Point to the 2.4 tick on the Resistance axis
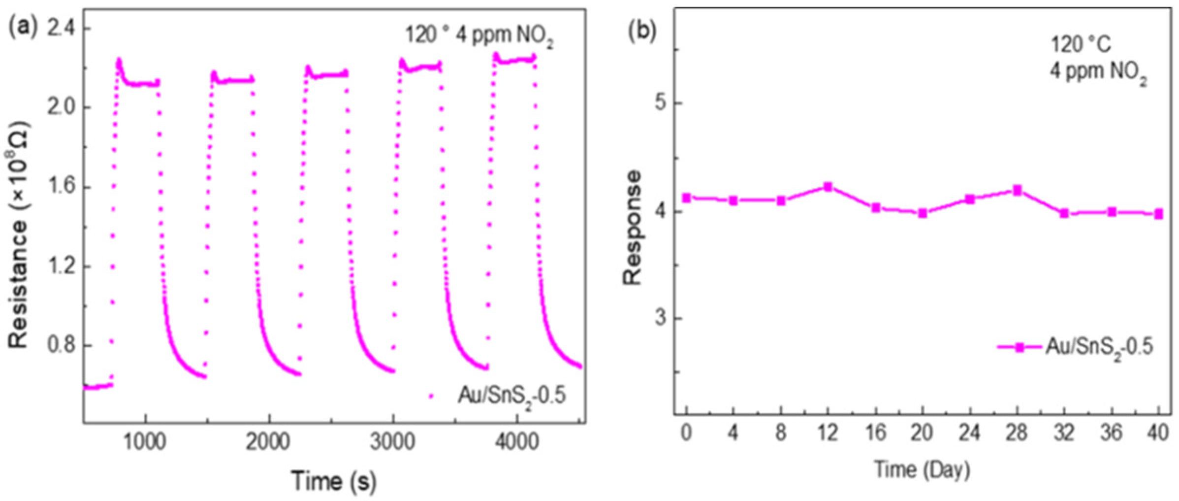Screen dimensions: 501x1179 click(61, 29)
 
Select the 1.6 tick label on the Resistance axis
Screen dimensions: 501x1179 click(61, 187)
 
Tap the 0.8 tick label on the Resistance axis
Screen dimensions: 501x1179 click(61, 345)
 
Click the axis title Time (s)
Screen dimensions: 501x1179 click(334, 480)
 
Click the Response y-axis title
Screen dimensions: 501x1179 click(633, 228)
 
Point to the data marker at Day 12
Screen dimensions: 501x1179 click(828, 187)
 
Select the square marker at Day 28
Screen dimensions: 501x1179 click(1017, 190)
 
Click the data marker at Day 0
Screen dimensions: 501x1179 click(687, 198)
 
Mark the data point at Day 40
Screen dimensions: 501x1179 click(1159, 214)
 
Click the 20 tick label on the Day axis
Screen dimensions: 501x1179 click(922, 433)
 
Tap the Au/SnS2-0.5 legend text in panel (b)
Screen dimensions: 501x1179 click(1099, 347)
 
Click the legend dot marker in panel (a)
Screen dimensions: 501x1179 click(431, 395)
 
